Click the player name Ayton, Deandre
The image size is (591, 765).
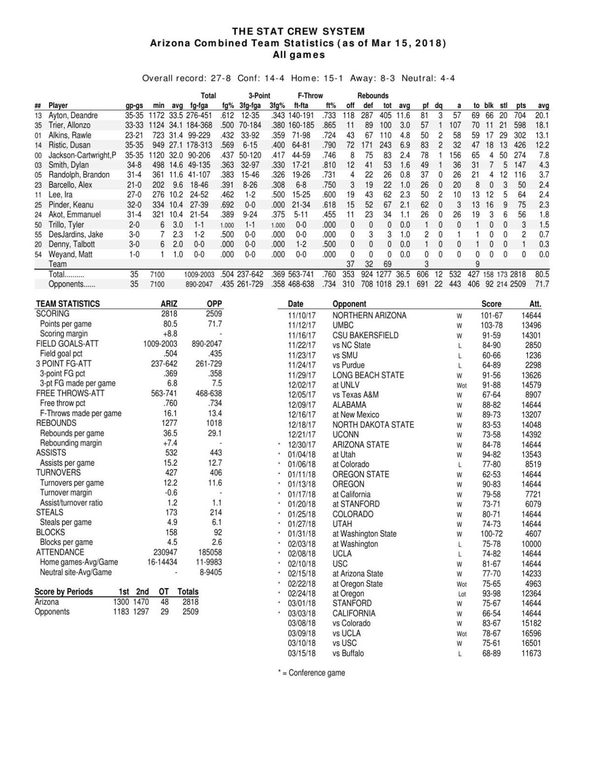pyautogui.click(x=73, y=115)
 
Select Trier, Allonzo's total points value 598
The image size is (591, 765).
pyautogui.click(x=520, y=125)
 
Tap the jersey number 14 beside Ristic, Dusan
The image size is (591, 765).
pyautogui.click(x=38, y=145)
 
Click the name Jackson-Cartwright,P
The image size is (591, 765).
pyautogui.click(x=82, y=155)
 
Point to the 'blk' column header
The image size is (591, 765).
pyautogui.click(x=489, y=105)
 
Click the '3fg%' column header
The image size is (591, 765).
pyautogui.click(x=277, y=105)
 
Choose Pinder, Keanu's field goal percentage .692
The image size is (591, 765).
pyautogui.click(x=227, y=205)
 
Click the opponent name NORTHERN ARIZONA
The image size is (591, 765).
pyautogui.click(x=369, y=315)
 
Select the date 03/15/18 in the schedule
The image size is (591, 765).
pyautogui.click(x=301, y=653)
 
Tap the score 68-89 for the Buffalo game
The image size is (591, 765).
pyautogui.click(x=491, y=653)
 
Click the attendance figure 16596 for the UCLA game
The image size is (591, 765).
pyautogui.click(x=531, y=633)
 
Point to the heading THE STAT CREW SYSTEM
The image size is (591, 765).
pyautogui.click(x=298, y=32)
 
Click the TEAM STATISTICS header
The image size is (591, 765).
pyautogui.click(x=67, y=304)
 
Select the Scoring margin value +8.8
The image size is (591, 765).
pyautogui.click(x=170, y=334)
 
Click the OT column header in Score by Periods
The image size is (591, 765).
pyautogui.click(x=164, y=592)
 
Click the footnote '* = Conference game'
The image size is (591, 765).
pyautogui.click(x=311, y=672)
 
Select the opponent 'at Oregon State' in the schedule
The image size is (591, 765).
pyautogui.click(x=358, y=583)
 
